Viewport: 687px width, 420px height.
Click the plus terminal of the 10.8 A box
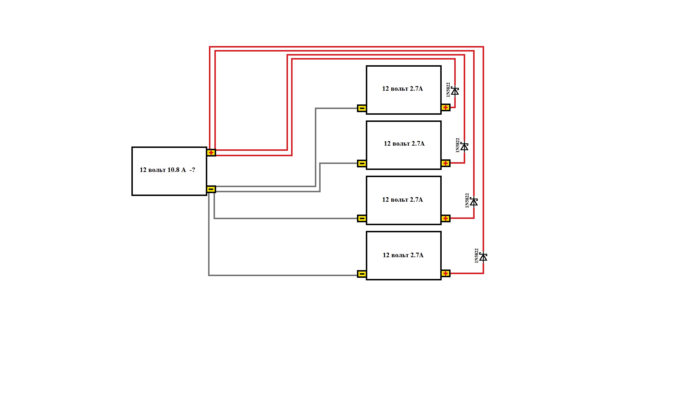pos(211,152)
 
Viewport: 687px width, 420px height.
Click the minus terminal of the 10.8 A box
pos(211,189)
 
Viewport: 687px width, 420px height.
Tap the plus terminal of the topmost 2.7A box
pos(445,108)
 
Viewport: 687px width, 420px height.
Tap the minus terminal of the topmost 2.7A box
pos(362,108)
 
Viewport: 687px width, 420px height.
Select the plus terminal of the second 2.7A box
pos(445,163)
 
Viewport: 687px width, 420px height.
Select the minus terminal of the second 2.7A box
pos(362,164)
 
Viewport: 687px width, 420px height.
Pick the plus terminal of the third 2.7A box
pos(445,218)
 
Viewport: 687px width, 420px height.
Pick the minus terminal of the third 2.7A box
pos(362,219)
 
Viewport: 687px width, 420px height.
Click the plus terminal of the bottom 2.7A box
pos(445,274)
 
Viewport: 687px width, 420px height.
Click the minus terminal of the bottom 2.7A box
pos(362,274)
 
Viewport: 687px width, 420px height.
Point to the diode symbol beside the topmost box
pos(455,91)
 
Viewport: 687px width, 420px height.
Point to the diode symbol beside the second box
pos(464,146)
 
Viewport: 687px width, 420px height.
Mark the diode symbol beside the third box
pos(474,202)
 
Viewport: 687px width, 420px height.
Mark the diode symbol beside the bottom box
pos(483,257)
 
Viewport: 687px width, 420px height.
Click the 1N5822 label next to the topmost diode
pos(448,90)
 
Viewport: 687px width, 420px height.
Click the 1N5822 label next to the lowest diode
pos(477,256)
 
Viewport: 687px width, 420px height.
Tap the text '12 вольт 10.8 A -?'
pos(167,170)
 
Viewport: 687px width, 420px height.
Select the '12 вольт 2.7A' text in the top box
pos(402,89)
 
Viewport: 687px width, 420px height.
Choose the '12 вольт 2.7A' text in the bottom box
pos(403,255)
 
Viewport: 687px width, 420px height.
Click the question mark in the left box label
pos(194,170)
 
